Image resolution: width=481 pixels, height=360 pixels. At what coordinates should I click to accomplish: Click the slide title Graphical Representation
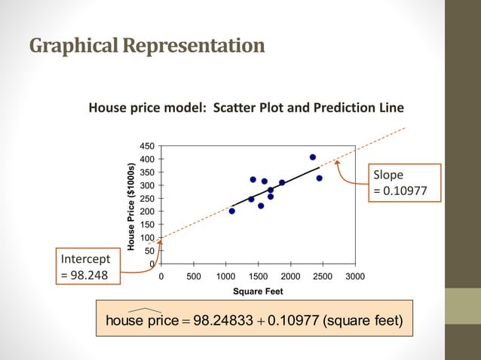147,46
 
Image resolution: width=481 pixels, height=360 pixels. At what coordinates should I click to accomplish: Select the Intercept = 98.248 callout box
87,267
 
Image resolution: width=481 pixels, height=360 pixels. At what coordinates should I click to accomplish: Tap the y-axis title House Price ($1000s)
130,206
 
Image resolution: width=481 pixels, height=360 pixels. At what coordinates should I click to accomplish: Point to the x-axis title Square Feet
258,292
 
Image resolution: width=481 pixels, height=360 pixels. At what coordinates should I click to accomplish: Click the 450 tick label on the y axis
148,145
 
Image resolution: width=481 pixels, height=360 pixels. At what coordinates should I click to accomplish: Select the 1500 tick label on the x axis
258,276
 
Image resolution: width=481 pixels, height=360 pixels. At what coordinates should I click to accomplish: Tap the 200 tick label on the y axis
148,212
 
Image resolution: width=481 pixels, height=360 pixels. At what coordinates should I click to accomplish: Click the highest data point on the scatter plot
313,157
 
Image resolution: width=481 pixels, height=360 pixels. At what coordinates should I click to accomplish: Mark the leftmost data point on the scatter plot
232,211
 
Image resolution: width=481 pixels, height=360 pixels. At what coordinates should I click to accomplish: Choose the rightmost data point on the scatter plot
320,178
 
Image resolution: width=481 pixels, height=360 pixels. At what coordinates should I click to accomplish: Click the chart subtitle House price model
246,108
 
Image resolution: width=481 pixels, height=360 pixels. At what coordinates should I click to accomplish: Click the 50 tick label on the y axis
150,251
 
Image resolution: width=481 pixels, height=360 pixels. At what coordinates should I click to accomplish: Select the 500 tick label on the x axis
192,276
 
